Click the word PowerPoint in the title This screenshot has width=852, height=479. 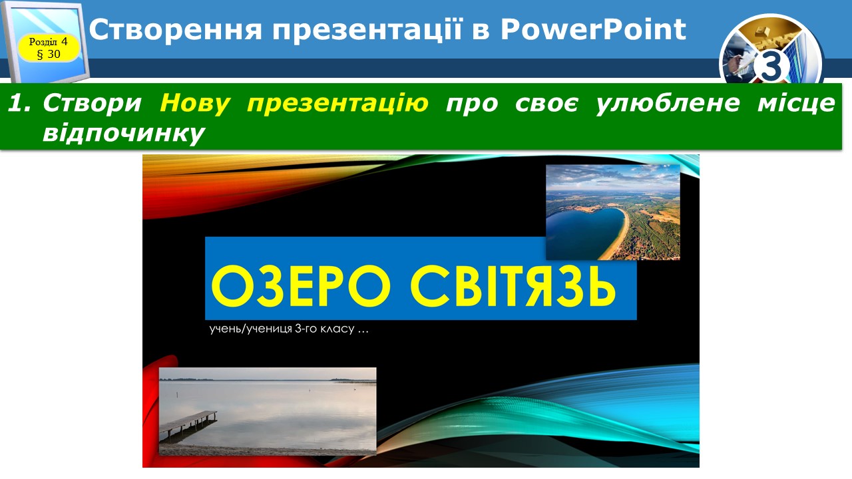click(x=593, y=30)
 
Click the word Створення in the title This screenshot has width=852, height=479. click(x=176, y=30)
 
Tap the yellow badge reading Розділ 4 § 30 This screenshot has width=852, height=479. click(x=49, y=48)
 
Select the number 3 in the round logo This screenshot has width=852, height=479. click(x=771, y=67)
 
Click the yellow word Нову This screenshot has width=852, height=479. click(x=195, y=103)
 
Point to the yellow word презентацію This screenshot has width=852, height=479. click(x=337, y=103)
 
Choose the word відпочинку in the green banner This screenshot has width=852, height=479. click(x=124, y=134)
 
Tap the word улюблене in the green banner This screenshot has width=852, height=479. click(x=668, y=103)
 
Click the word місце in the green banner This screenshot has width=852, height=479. click(x=797, y=103)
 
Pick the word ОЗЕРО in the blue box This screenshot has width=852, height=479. click(x=300, y=286)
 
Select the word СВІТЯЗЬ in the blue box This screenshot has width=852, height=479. click(x=513, y=286)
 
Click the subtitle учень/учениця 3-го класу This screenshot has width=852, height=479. click(x=289, y=329)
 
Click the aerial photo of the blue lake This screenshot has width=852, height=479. click(x=613, y=212)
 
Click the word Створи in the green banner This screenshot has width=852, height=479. click(x=92, y=103)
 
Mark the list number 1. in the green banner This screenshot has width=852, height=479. click(x=19, y=103)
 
